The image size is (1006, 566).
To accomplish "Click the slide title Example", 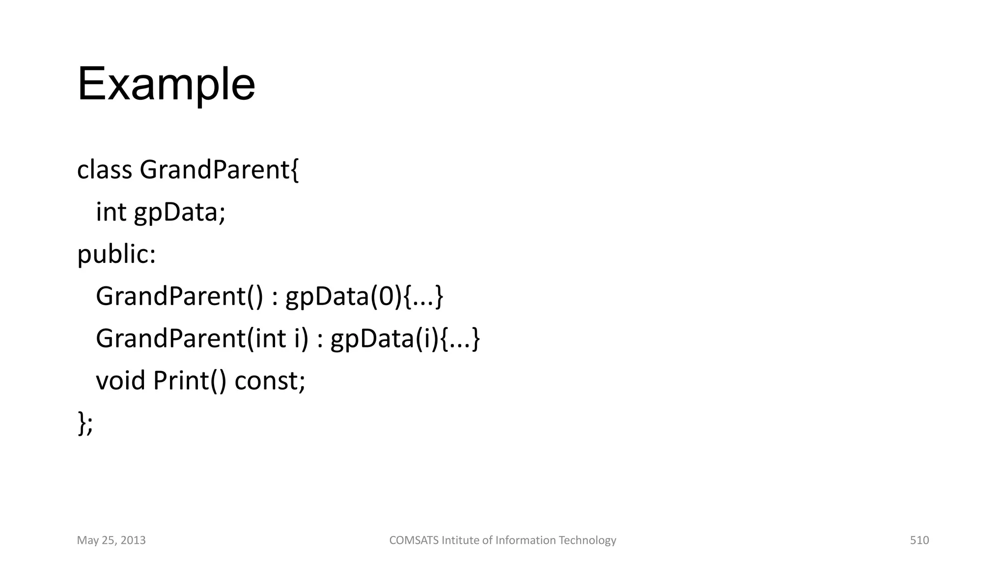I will pos(166,85).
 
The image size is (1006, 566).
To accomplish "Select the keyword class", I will pos(105,170).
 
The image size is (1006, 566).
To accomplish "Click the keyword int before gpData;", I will pos(111,212).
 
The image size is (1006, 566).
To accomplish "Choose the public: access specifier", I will pos(116,255).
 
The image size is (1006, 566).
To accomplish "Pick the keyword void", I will pos(120,381).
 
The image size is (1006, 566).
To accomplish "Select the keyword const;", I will pos(270,381).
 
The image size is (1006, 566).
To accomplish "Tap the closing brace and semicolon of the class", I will pos(85,424).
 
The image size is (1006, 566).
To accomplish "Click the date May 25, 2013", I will pos(112,540).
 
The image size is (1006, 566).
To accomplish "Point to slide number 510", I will pos(919,540).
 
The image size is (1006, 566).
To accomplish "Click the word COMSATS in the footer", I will pos(414,540).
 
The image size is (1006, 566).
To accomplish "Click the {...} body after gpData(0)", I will pos(423,297).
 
